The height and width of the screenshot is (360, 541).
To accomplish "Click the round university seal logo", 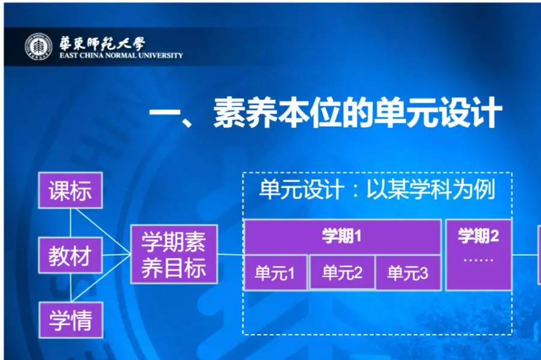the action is pos(38,46).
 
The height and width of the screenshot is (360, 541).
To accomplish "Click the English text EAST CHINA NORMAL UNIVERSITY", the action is pos(121,55).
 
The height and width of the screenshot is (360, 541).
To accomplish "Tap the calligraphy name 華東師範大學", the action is pos(102,43).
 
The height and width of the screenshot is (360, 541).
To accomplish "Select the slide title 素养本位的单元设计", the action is pos(357,112).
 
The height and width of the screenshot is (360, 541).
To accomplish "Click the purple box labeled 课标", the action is pos(70,191).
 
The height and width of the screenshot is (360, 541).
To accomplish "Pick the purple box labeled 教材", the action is pos(70,255).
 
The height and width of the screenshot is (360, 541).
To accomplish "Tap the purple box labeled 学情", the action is pos(70,320).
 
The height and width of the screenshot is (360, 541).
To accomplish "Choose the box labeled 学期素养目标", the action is pos(174,254).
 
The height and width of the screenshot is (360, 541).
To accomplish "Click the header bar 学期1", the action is pos(342,236).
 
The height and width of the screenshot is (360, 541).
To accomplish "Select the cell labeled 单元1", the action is pos(275,273).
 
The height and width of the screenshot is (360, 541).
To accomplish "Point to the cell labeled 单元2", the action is pos(342,273).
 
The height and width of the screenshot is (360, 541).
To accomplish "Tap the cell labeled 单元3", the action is pos(408,273).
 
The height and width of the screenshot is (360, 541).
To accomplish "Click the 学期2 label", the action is pos(478,236).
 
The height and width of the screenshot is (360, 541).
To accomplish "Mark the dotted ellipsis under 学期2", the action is pos(478,260).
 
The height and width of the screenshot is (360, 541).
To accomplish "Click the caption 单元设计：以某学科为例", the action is pos(377,189).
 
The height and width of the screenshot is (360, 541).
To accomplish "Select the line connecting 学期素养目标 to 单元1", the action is pos(230,255).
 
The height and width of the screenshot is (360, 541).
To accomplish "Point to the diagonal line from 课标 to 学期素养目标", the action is pos(103,232).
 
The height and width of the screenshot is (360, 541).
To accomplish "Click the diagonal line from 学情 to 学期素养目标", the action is pos(102,279).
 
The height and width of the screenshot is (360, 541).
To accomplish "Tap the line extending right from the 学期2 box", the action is pos(525,255).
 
